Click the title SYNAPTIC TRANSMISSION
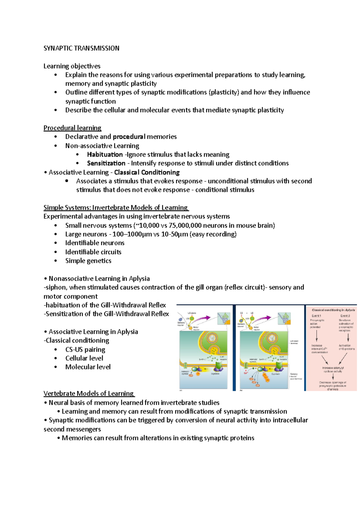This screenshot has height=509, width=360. (81, 48)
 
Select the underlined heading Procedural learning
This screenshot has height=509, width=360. (72, 128)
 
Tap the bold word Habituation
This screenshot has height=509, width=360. (105, 155)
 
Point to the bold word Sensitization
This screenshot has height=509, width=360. (106, 163)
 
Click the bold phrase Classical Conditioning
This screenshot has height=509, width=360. (147, 172)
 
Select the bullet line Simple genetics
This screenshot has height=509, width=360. (88, 261)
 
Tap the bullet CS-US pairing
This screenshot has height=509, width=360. (85, 350)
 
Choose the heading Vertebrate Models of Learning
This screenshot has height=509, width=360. (88, 394)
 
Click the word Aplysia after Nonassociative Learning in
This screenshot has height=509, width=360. (139, 278)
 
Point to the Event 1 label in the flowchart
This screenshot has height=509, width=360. (316, 316)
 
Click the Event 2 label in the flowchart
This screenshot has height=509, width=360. (345, 316)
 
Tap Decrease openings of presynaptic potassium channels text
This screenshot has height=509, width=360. (333, 386)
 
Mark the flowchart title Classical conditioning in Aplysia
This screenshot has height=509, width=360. (333, 310)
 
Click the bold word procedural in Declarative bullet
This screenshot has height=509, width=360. (129, 137)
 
